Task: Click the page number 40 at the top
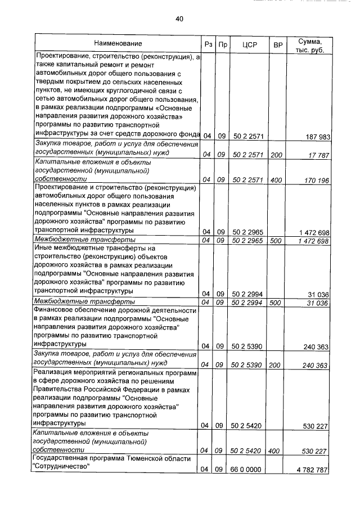tap(179, 19)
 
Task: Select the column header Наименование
tap(118, 43)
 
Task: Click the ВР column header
tap(277, 44)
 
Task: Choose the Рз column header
tap(208, 44)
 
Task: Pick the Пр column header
tap(223, 44)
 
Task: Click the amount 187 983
tap(316, 137)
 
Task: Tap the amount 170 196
tap(316, 179)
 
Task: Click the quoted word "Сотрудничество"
tap(62, 467)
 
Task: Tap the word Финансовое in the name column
tap(54, 309)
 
